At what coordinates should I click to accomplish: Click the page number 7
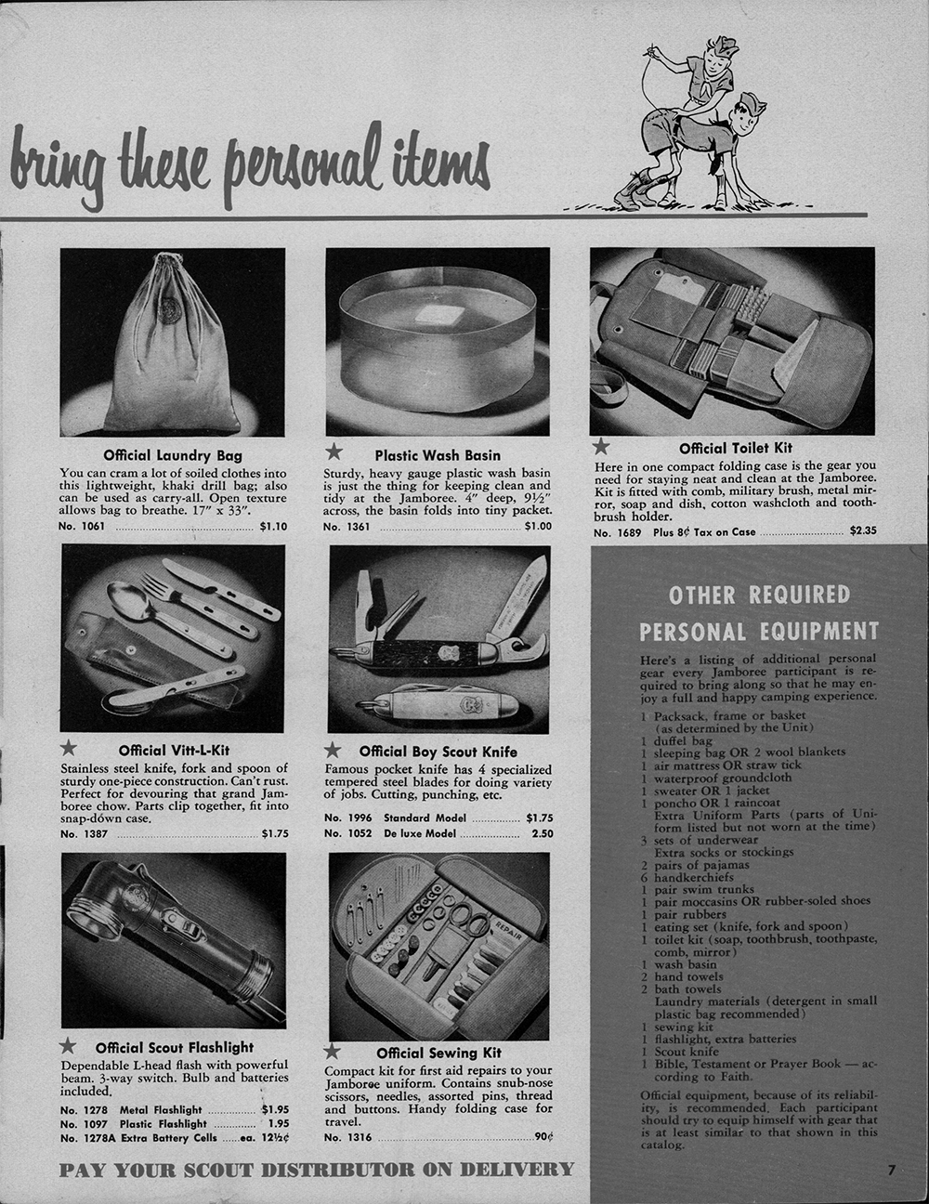[x=891, y=1171]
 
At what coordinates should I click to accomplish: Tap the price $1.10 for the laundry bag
[x=274, y=527]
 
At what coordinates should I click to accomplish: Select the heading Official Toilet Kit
[x=736, y=448]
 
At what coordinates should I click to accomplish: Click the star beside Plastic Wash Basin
[x=334, y=452]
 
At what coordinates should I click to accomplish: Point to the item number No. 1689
[x=617, y=532]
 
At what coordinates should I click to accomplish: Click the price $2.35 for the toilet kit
[x=863, y=530]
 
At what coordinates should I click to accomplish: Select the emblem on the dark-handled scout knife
[x=446, y=652]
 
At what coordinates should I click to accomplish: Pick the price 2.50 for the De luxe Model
[x=542, y=833]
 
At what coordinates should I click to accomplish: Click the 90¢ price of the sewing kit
[x=544, y=1136]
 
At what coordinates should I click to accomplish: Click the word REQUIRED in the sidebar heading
[x=799, y=595]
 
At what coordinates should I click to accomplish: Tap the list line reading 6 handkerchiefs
[x=687, y=877]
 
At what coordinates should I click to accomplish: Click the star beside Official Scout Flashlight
[x=68, y=1045]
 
